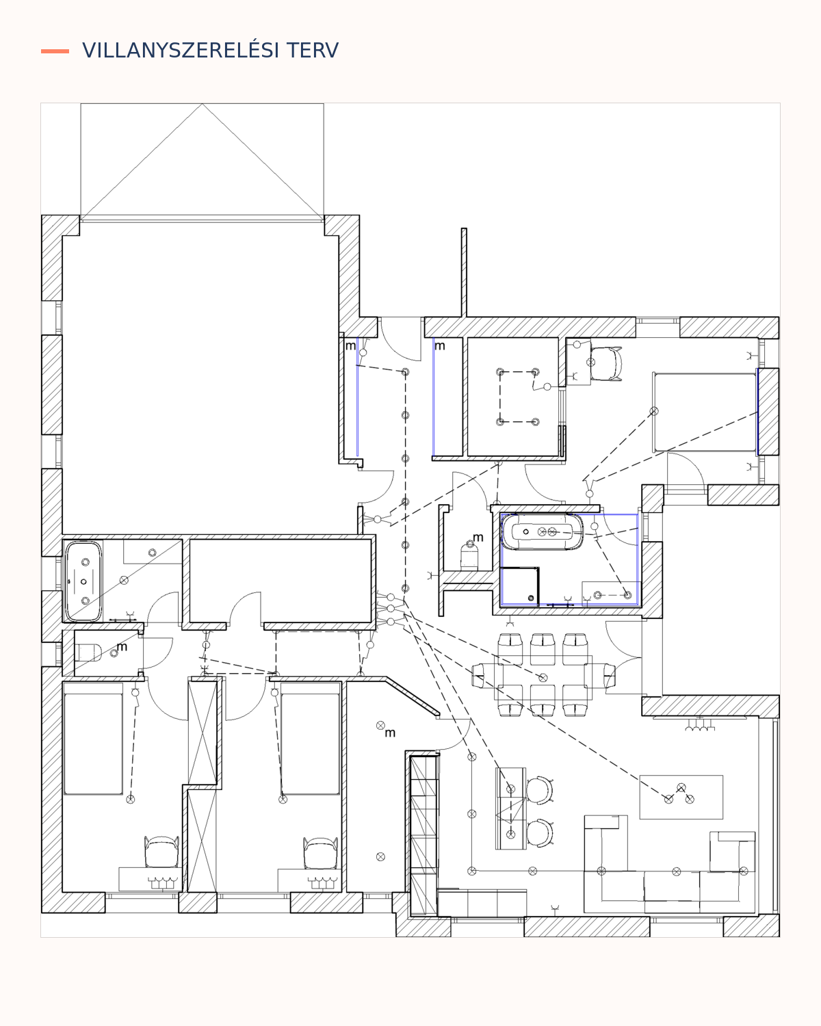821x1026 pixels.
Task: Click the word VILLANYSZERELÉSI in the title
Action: pos(181,51)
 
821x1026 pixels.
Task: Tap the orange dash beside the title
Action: pos(55,51)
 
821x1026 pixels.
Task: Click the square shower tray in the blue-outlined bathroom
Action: pos(519,586)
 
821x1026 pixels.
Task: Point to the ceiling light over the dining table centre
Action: pos(543,677)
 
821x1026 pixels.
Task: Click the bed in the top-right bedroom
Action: pos(705,412)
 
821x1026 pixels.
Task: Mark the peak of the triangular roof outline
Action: pos(202,104)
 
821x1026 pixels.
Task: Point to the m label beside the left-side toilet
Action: pos(122,646)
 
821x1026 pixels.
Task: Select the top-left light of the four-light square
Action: pos(500,372)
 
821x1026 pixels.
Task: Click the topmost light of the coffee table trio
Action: pos(681,787)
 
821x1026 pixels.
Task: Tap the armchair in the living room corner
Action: pos(732,852)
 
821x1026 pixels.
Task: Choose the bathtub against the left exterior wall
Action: pos(83,581)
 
